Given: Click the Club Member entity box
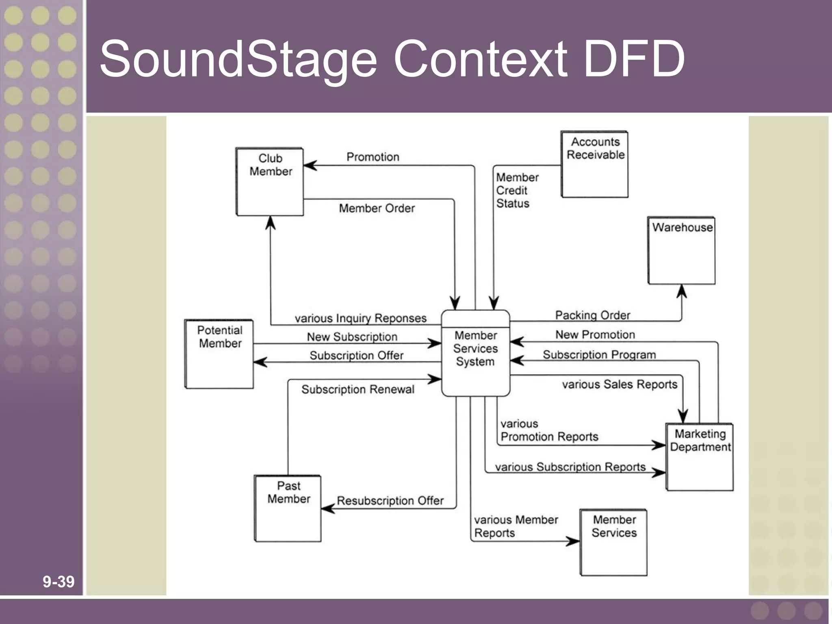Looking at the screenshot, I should [x=270, y=182].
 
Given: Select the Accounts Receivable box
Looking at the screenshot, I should [x=595, y=164].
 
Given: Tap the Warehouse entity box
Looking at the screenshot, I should [x=682, y=250].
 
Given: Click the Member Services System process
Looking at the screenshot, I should [x=475, y=353].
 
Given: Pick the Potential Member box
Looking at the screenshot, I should [x=219, y=354].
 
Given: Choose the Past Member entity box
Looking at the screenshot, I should [x=288, y=508].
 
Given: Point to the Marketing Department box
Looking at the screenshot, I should [x=700, y=457].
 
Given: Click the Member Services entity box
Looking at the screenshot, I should [x=614, y=542].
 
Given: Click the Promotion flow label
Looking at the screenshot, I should [x=373, y=157].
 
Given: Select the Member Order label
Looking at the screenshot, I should [x=377, y=208].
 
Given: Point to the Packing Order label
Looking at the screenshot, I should [x=592, y=315].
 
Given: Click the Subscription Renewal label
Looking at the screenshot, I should [x=357, y=389].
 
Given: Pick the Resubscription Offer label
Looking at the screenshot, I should [x=390, y=500].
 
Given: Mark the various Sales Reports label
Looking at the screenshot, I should [x=620, y=384].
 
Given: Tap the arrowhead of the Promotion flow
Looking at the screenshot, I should [x=310, y=165].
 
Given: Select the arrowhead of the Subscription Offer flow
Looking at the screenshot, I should [x=260, y=362].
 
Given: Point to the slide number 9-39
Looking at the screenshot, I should [x=58, y=581].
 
